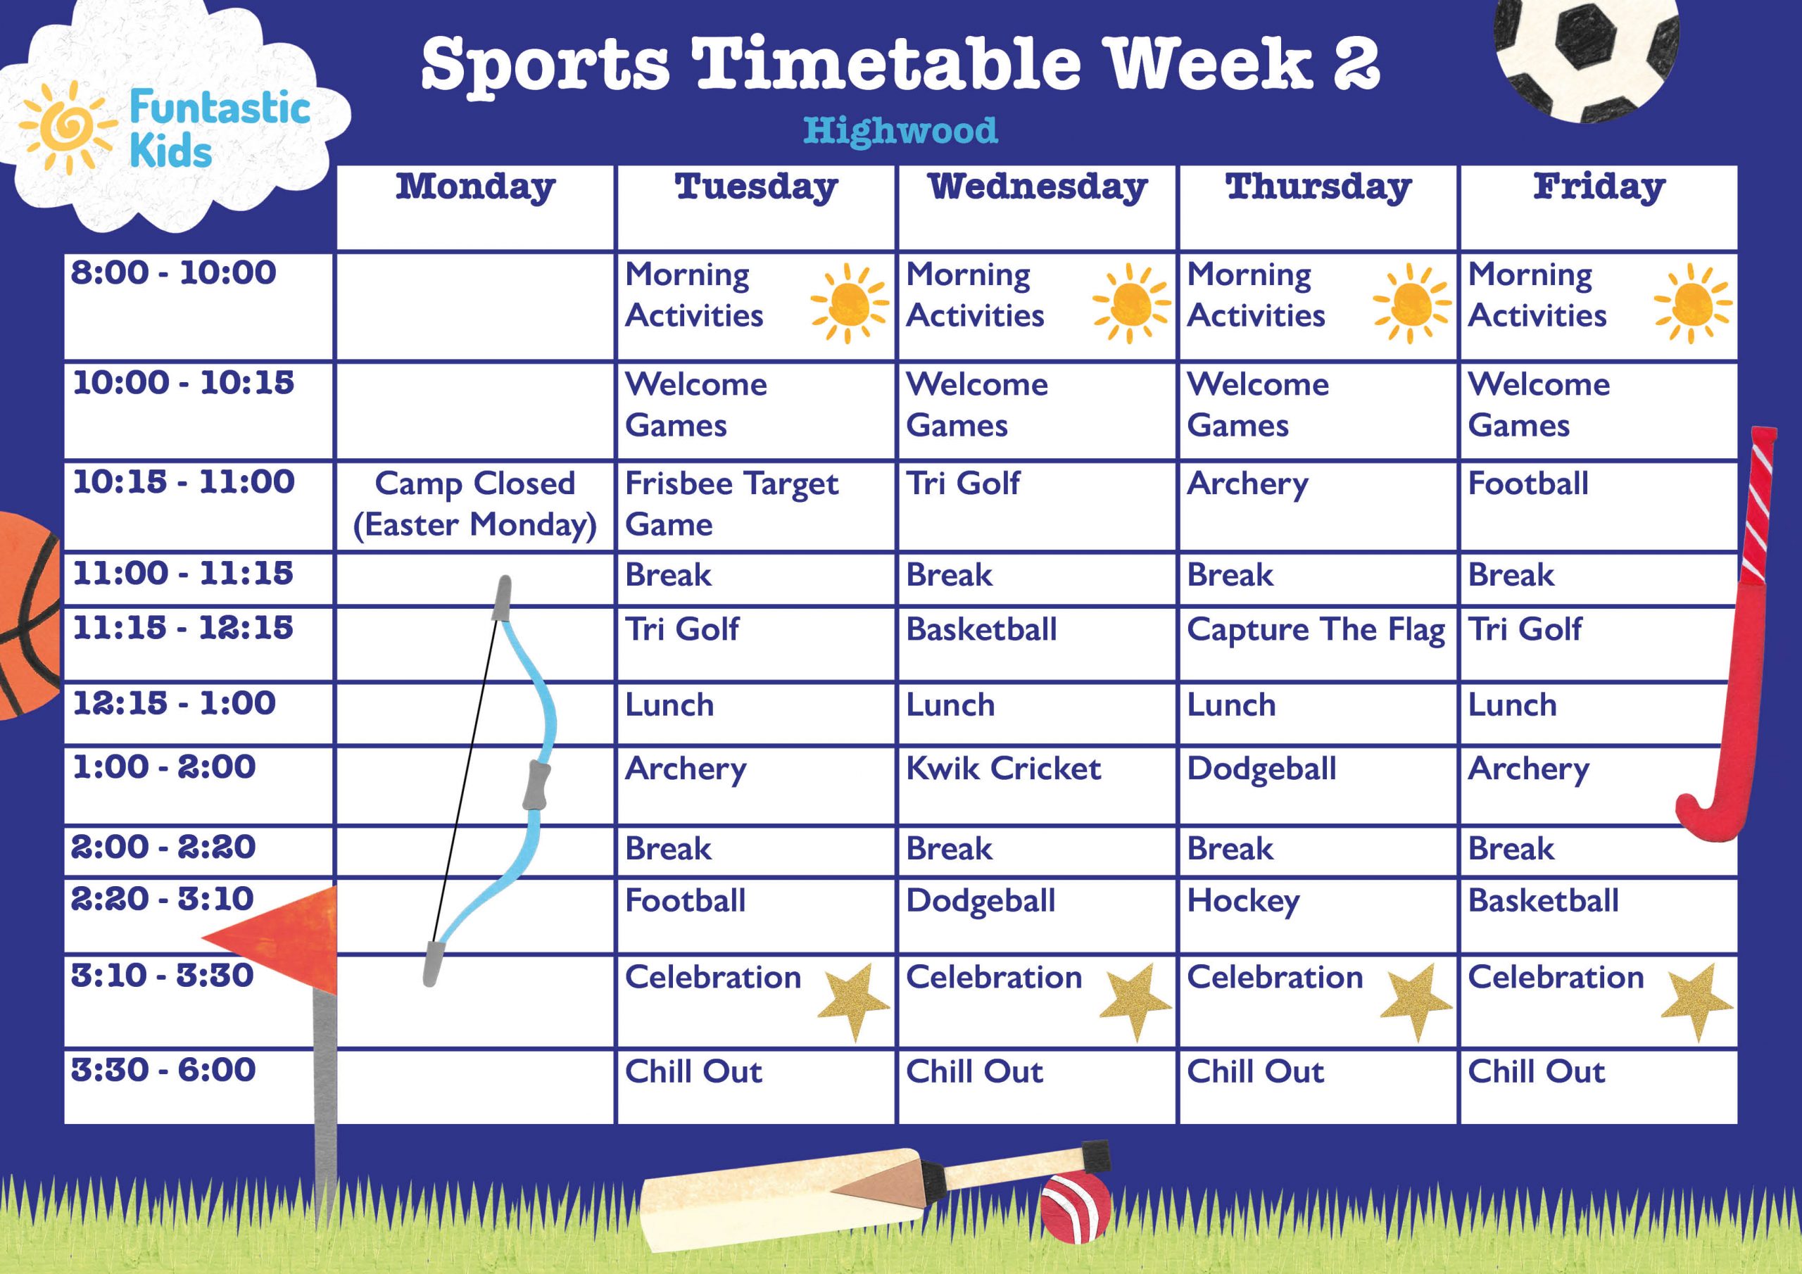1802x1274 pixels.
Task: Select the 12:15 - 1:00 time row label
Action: coord(175,703)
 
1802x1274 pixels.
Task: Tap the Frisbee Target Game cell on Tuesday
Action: coord(731,504)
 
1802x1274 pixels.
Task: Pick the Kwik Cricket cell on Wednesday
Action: coord(1003,769)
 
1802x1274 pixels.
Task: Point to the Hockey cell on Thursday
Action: coord(1243,901)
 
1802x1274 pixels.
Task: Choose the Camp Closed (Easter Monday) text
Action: coord(475,504)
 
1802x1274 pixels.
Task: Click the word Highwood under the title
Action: coord(900,130)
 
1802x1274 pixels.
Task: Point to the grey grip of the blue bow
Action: coord(536,784)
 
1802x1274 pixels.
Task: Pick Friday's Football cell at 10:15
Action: coord(1528,484)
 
